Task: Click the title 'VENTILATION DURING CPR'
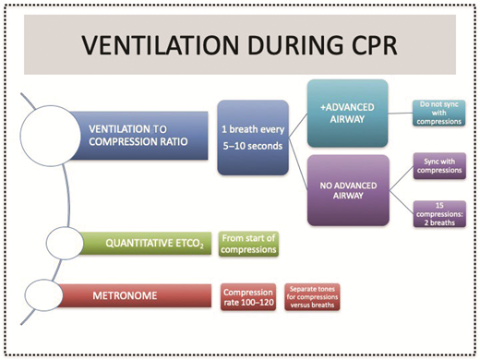tap(238, 45)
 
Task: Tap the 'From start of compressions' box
tap(247, 245)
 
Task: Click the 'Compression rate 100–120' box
tap(246, 296)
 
